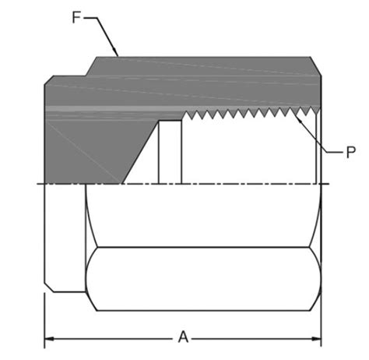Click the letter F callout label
coord(76,18)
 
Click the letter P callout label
coord(351,152)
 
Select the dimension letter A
coord(184,338)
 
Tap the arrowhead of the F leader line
coord(115,51)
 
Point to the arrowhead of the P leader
coord(298,118)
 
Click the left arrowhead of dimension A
coord(49,339)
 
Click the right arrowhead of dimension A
coord(316,339)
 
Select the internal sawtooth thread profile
coord(251,114)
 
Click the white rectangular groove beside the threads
coord(170,152)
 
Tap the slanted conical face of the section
coord(140,152)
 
